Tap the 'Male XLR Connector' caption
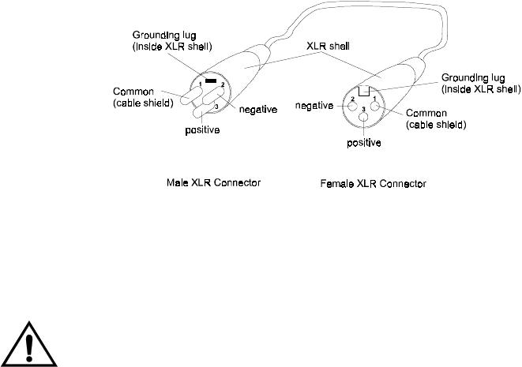click(213, 182)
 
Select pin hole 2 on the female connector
click(351, 106)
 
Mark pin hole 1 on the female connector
click(377, 106)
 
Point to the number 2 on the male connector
click(223, 84)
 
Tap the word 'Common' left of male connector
click(132, 91)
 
